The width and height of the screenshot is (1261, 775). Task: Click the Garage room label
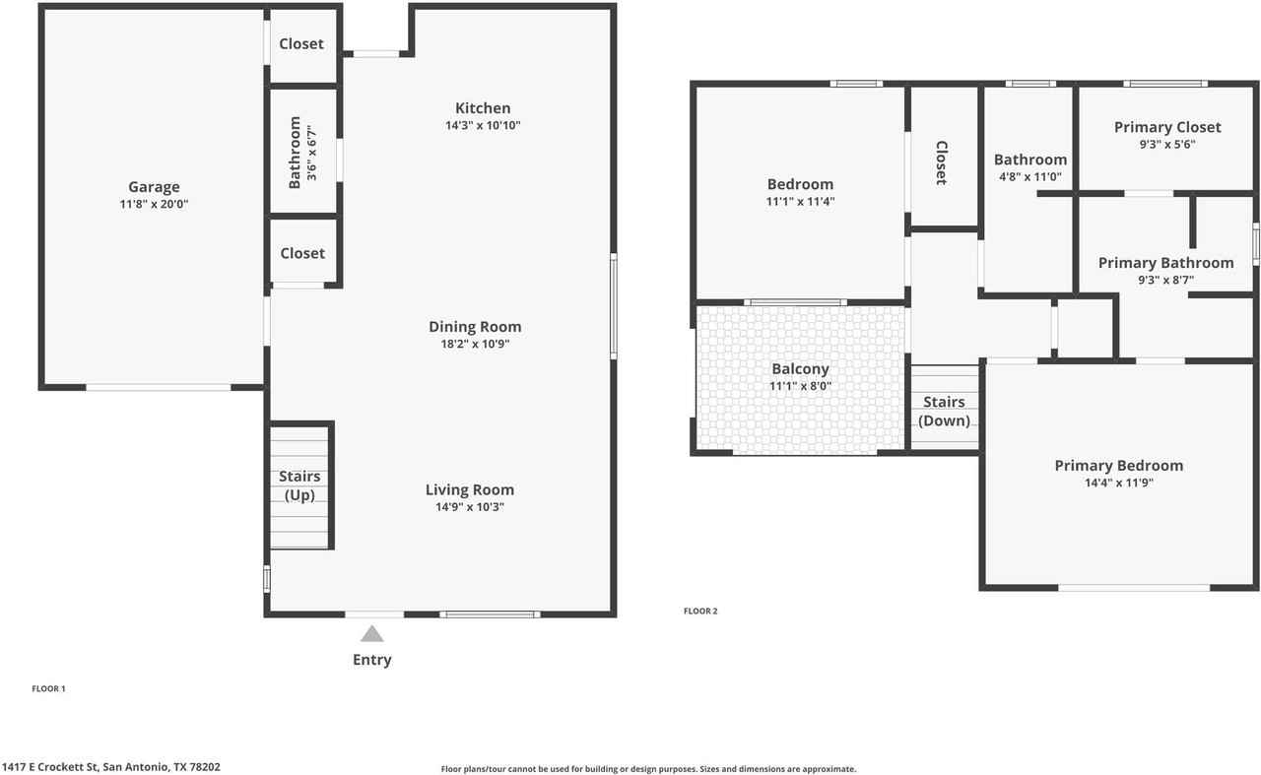[154, 187]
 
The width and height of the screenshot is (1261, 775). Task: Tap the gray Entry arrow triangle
[371, 634]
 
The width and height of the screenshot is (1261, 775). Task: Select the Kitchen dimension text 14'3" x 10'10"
[483, 126]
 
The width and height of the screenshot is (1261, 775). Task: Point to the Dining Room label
[475, 327]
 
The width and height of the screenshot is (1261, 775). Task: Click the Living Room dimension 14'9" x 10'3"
[470, 507]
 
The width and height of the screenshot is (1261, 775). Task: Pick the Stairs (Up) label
[299, 485]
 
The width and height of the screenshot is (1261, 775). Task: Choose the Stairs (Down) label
[944, 412]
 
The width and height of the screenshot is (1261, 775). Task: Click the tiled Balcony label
[800, 369]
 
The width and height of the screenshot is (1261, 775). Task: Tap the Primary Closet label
[1167, 127]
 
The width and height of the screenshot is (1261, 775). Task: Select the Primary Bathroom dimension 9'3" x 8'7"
[1166, 280]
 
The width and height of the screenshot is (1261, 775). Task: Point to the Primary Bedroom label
[1118, 466]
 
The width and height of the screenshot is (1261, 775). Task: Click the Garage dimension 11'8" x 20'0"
[153, 205]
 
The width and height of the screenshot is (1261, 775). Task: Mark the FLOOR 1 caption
[48, 689]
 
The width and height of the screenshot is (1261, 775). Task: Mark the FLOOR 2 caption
[700, 612]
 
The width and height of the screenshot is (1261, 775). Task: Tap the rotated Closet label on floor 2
[941, 162]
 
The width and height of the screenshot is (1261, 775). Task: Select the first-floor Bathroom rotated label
[295, 153]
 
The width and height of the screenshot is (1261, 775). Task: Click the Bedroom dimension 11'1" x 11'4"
[800, 202]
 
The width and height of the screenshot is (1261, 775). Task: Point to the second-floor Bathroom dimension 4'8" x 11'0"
[1029, 177]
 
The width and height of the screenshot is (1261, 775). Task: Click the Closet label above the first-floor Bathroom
[301, 44]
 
